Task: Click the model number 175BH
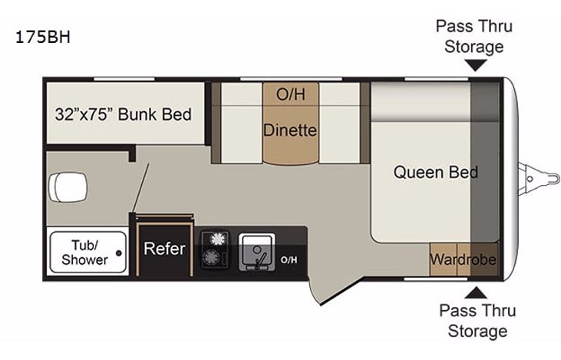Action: click(43, 37)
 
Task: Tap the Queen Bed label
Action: click(435, 172)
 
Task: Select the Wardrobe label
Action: click(463, 259)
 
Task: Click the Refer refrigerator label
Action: click(164, 249)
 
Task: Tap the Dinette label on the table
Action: click(289, 130)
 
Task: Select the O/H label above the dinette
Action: click(290, 94)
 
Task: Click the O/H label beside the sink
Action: click(289, 259)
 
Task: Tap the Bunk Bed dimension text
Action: click(123, 115)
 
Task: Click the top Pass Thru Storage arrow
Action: click(476, 66)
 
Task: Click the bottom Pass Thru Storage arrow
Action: click(476, 291)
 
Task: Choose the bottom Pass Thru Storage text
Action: click(477, 321)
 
